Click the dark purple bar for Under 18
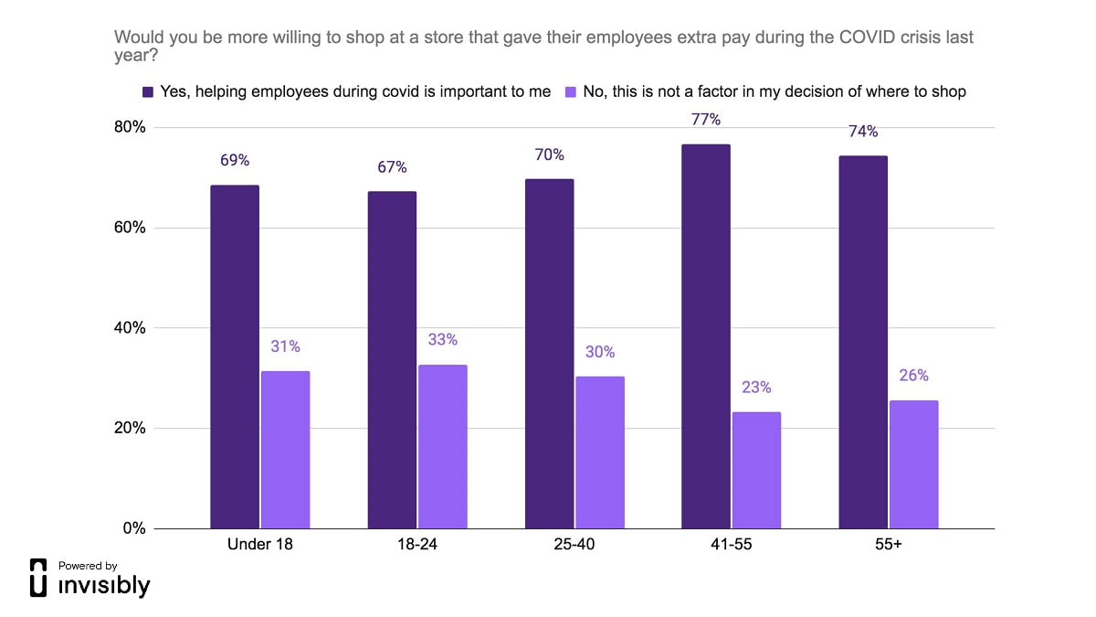point(235,356)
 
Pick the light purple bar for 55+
point(913,463)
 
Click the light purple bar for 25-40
point(600,452)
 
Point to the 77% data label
point(706,120)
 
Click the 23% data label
point(756,388)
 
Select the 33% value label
point(442,340)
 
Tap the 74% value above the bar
point(863,132)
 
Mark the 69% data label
point(235,161)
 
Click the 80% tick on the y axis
point(128,127)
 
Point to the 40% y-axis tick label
point(128,328)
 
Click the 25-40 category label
point(574,546)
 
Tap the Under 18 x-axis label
point(259,546)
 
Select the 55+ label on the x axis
point(889,546)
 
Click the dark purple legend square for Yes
point(148,91)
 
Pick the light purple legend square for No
point(572,91)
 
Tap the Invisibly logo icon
point(38,578)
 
